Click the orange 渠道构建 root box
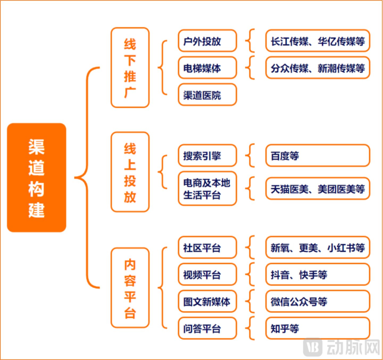36,177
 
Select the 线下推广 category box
130,68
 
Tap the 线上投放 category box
130,172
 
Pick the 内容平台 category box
130,288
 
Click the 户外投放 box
207,41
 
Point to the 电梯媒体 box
207,68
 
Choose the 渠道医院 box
207,95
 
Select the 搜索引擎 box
207,156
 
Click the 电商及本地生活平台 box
207,189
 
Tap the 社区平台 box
207,247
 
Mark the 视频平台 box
207,274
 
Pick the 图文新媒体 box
207,301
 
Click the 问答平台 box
207,328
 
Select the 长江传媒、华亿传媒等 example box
318,41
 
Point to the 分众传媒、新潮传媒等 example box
318,68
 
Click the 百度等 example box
318,156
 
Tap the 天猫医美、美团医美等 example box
318,189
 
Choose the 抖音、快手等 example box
318,274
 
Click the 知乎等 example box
318,328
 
